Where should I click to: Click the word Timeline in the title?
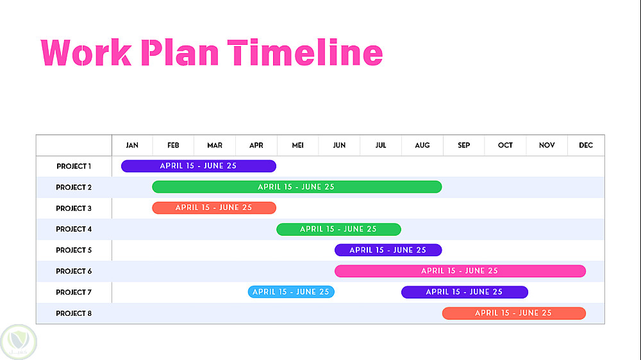305,53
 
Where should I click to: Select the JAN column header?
132,145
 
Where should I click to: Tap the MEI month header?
297,145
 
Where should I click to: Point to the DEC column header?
586,145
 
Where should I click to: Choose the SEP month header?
463,145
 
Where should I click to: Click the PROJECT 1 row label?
74,167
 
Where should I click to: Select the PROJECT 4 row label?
74,229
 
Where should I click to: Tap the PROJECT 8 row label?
74,313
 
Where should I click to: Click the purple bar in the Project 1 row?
199,166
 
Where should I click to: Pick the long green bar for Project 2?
297,187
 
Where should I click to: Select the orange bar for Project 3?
214,208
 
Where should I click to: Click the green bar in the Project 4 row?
338,229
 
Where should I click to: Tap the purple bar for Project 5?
388,250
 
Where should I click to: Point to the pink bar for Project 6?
460,271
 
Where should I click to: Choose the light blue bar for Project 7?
291,291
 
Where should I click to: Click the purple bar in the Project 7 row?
464,292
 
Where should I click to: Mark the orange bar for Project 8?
514,313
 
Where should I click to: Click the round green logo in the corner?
19,342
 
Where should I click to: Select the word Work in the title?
87,53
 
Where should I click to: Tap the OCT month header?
505,145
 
